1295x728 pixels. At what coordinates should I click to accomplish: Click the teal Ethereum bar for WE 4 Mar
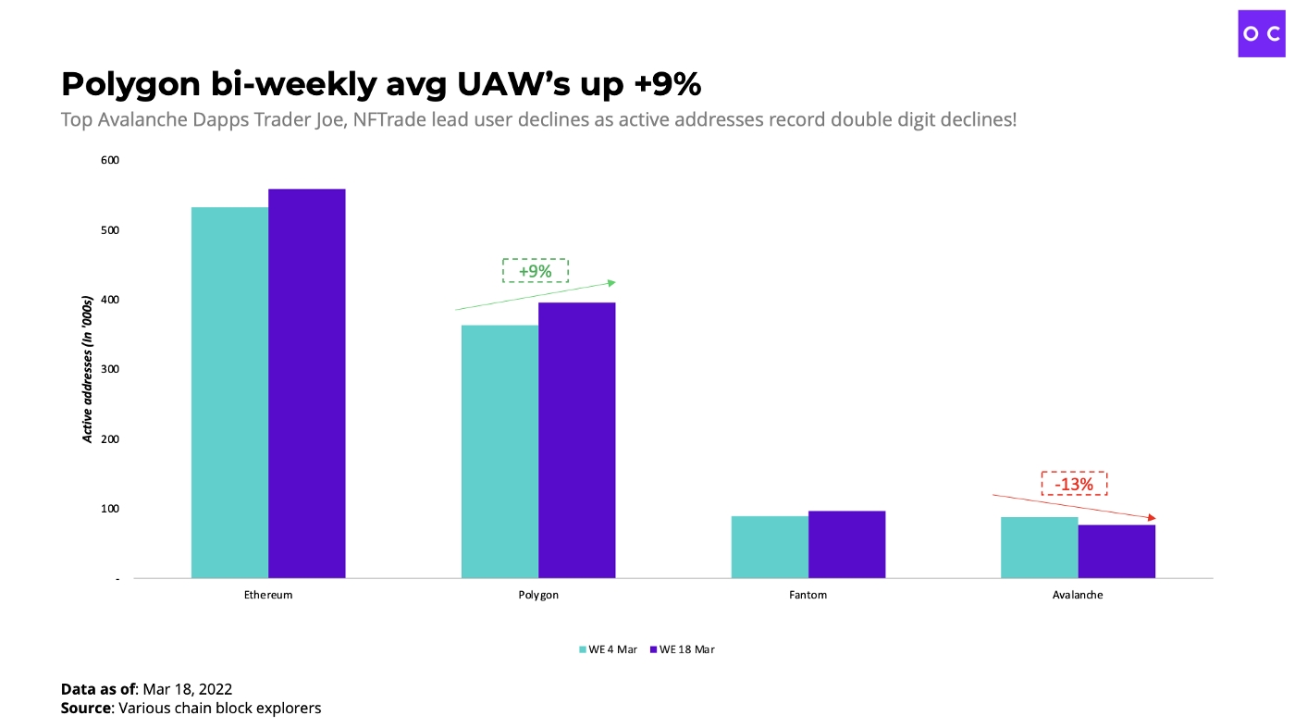pos(229,392)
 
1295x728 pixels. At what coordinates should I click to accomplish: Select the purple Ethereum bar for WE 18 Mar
pos(307,383)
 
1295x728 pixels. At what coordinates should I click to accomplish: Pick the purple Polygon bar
pos(576,440)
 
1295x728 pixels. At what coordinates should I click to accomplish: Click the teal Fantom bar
pos(770,547)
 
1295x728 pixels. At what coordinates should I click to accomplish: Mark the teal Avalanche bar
pos(1039,547)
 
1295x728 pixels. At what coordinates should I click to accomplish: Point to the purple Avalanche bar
pos(1116,551)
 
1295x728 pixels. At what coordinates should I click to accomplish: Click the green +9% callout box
pos(535,271)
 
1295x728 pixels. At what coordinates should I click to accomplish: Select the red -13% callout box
pos(1074,484)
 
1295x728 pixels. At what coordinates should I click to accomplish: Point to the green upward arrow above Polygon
pos(535,295)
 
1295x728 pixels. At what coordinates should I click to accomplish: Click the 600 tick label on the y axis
pos(110,160)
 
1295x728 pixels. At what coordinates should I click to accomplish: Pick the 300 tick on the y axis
pos(110,369)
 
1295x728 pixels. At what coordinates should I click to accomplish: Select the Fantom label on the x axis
pos(808,595)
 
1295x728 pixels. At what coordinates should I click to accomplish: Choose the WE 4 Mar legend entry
pos(608,649)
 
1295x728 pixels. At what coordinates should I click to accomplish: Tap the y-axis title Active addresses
pos(88,369)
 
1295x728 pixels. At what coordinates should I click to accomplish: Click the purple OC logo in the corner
pos(1262,33)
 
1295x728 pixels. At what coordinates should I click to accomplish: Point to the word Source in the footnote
pos(86,709)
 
